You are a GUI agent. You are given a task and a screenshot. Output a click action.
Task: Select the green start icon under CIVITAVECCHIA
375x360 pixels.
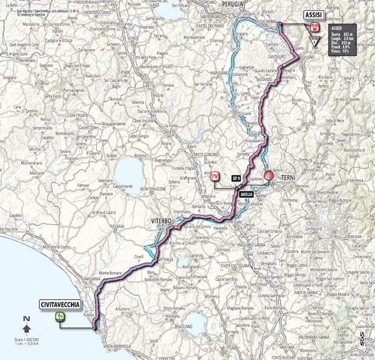point(60,316)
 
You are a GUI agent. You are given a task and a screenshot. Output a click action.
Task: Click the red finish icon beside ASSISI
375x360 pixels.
point(313,27)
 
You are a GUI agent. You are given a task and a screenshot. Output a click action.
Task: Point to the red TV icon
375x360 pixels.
point(214,177)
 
